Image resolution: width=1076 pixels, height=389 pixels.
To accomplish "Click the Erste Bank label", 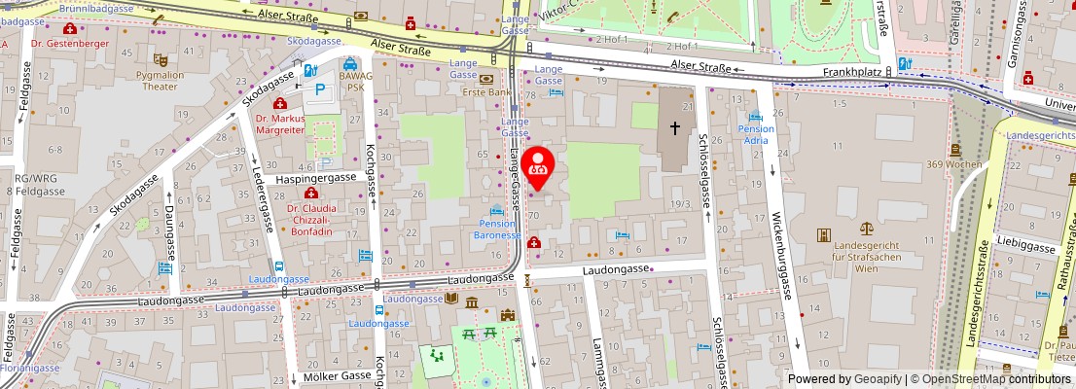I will coord(486,92).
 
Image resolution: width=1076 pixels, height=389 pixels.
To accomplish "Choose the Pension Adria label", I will coord(756,134).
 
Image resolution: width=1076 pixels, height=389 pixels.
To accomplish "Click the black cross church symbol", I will coord(675,127).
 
